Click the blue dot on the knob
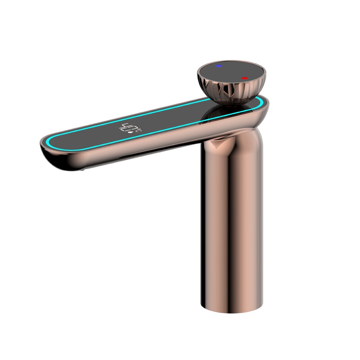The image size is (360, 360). point(219,66)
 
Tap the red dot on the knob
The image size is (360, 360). point(244,78)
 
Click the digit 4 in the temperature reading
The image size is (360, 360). point(124,128)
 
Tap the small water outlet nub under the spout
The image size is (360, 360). point(82,170)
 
